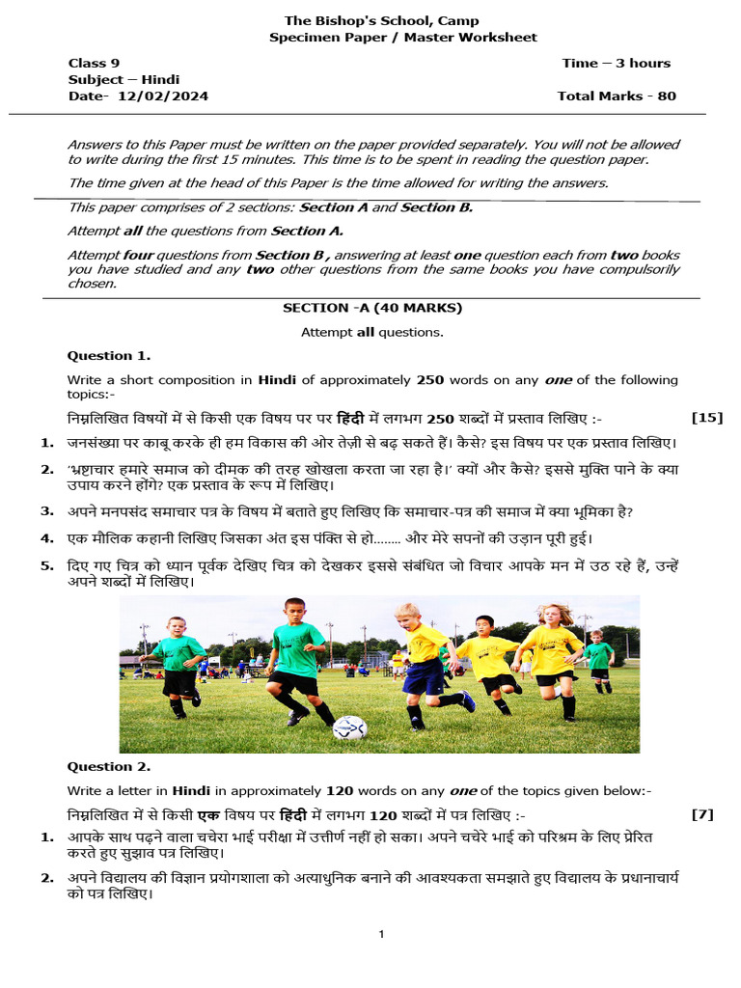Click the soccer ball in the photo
(349, 727)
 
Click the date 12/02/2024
(163, 96)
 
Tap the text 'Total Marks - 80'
(617, 96)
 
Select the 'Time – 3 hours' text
(616, 64)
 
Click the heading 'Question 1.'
(108, 355)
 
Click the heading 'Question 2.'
(108, 767)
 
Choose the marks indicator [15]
(707, 418)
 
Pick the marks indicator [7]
(702, 814)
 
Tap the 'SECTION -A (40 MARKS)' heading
(372, 308)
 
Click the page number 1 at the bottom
(382, 934)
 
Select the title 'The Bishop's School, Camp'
(381, 21)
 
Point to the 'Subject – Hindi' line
(123, 80)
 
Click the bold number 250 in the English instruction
(429, 380)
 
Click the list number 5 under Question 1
(46, 566)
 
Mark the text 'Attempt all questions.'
(371, 332)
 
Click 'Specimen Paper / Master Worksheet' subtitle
(402, 38)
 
